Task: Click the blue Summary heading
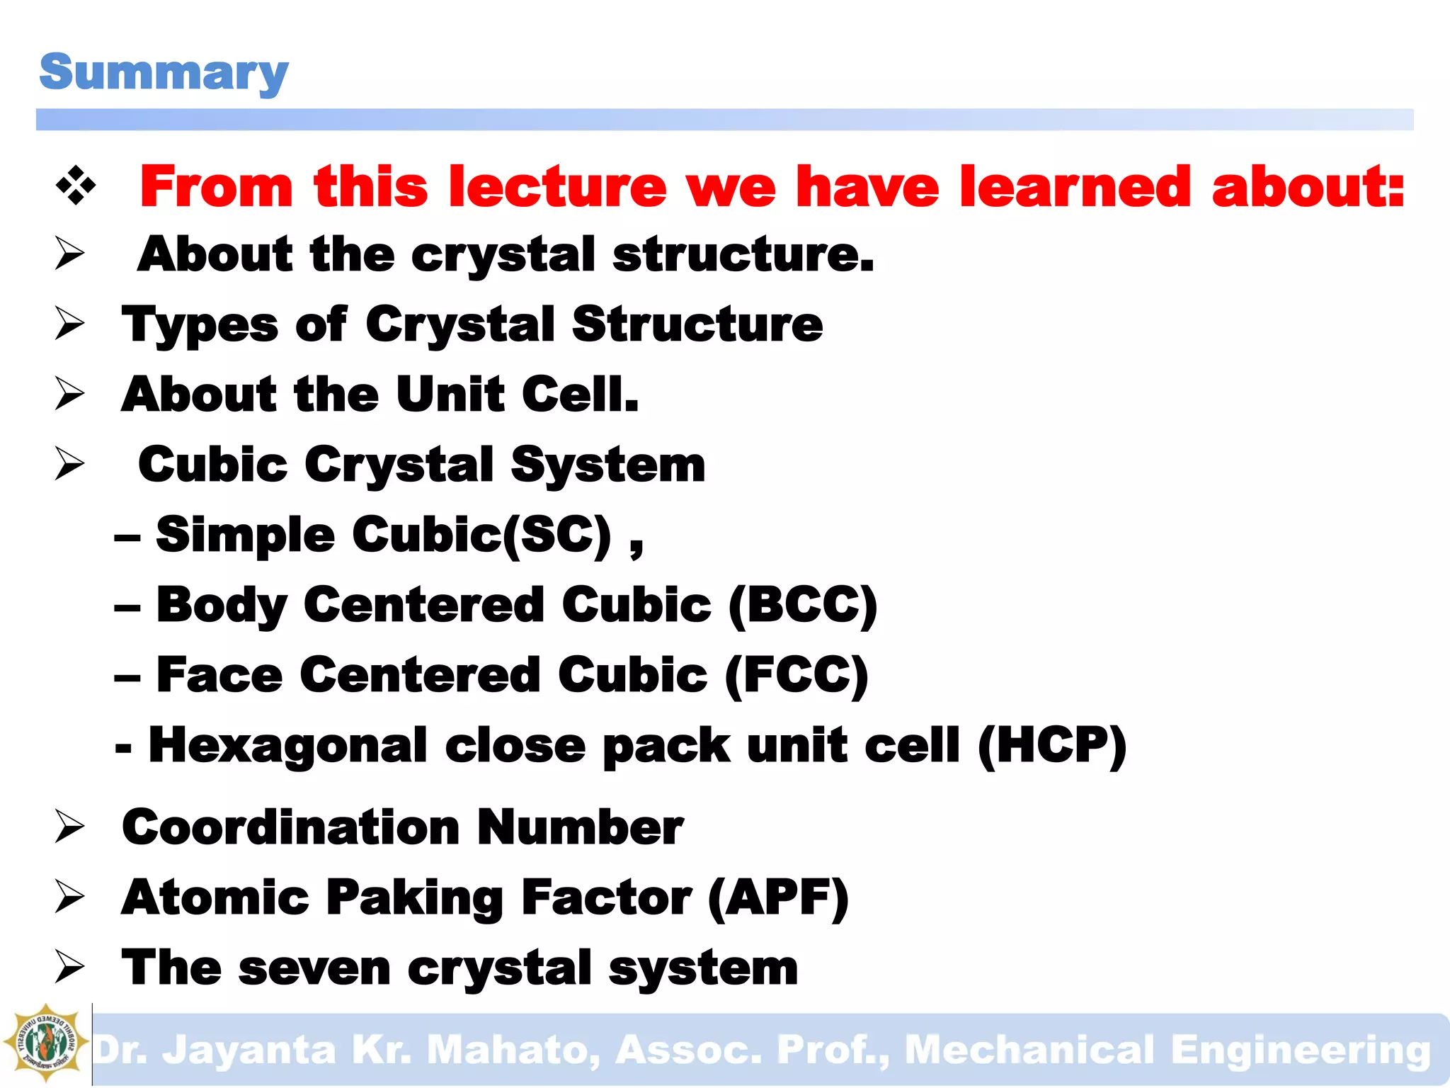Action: (164, 72)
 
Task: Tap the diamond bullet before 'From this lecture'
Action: (76, 187)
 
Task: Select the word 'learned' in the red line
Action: (1075, 187)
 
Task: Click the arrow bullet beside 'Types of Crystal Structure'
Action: (70, 324)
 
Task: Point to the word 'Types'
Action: (200, 325)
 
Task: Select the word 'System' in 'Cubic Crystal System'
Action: (607, 465)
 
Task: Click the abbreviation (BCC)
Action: (803, 605)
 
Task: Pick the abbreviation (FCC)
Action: (797, 674)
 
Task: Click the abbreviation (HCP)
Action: (1051, 745)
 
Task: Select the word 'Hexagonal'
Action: (287, 745)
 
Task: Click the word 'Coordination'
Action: (291, 827)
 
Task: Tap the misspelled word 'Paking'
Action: (415, 897)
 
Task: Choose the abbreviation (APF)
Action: (777, 897)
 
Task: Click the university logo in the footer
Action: (45, 1043)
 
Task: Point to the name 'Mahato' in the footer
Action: (513, 1050)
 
